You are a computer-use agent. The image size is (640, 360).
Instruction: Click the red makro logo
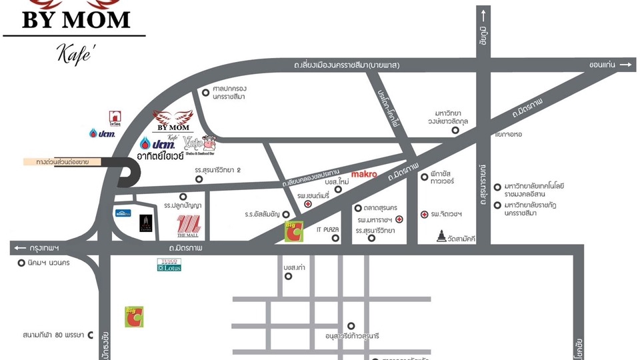[364, 174]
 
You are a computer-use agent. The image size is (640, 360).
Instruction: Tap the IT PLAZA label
[328, 229]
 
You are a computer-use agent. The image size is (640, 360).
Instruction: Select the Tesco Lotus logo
[169, 265]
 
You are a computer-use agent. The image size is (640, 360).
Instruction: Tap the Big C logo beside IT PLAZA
[294, 230]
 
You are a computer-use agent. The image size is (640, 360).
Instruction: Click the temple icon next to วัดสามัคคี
[441, 236]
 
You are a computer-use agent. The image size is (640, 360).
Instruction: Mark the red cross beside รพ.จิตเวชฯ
[424, 214]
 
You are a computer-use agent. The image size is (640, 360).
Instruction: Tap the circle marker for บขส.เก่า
[288, 275]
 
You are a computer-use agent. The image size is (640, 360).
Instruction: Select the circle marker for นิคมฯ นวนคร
[21, 263]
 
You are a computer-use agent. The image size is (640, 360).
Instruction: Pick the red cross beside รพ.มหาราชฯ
[399, 219]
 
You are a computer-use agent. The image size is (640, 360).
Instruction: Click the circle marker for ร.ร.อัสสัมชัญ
[287, 214]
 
